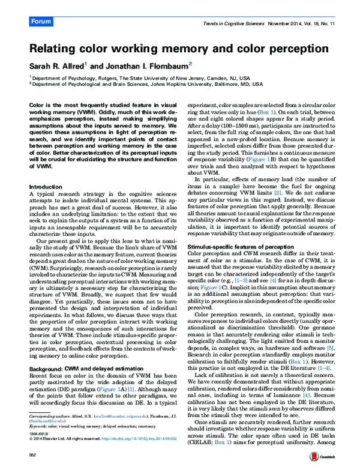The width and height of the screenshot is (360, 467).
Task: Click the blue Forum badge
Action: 41,21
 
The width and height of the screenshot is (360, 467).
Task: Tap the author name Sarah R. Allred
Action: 56,65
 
